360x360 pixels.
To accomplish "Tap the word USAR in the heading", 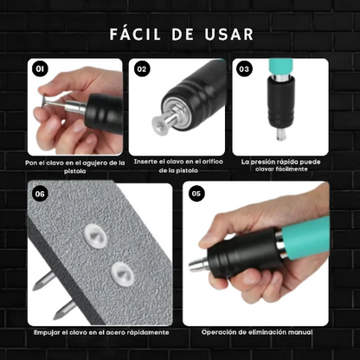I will [x=228, y=35].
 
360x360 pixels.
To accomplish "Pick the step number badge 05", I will [x=197, y=194].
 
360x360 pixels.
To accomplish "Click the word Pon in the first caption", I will [x=31, y=162].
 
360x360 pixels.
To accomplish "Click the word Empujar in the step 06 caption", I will [x=47, y=332].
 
